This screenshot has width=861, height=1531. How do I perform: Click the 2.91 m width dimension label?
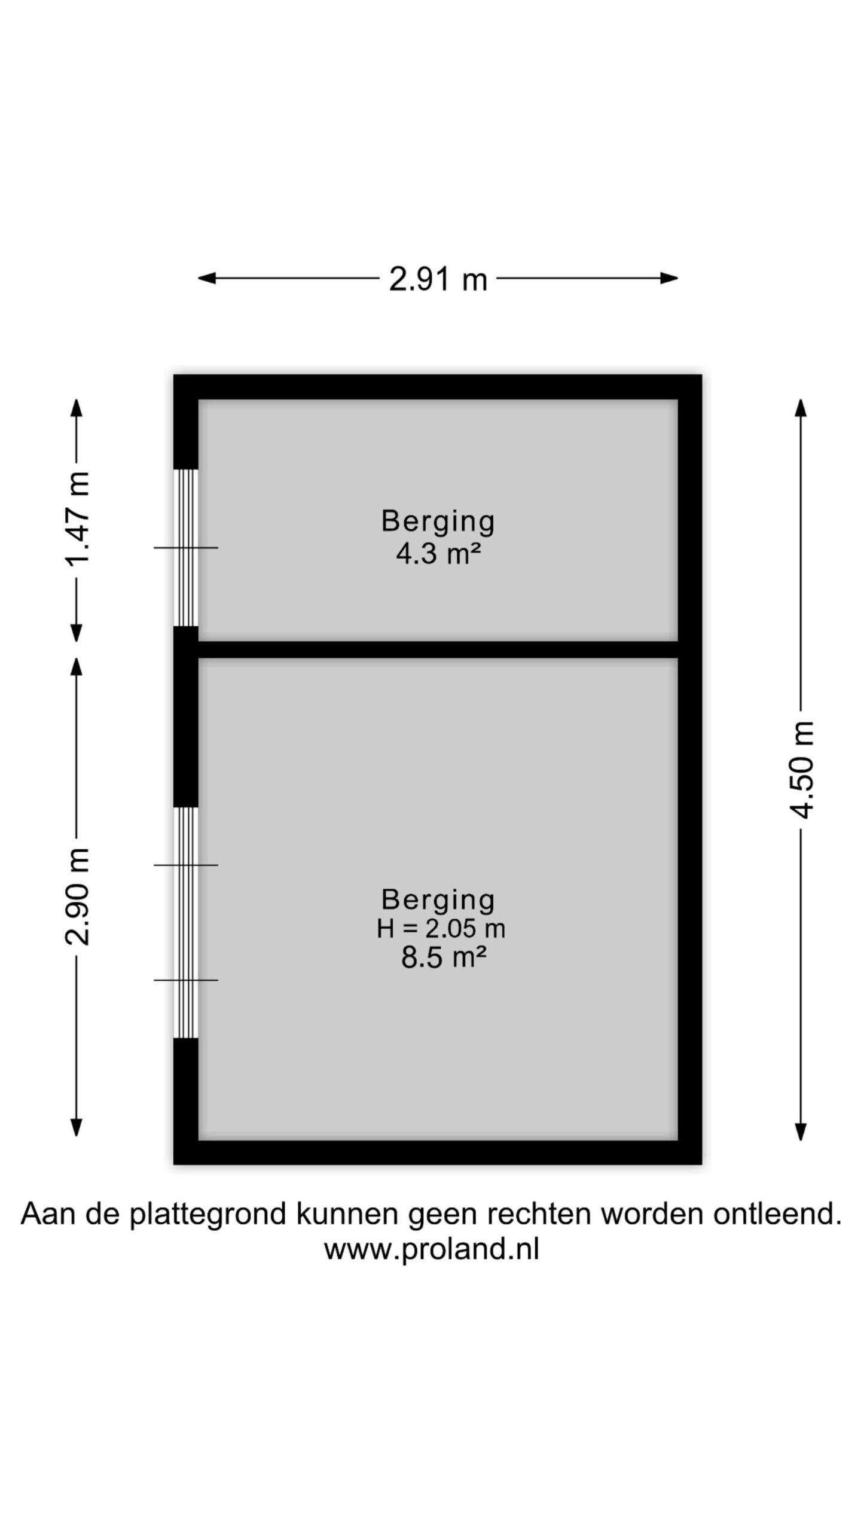(x=438, y=279)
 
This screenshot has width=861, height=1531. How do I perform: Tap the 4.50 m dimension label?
(x=801, y=769)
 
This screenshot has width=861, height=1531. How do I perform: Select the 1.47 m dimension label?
(x=77, y=519)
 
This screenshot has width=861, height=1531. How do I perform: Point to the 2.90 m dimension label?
(x=77, y=896)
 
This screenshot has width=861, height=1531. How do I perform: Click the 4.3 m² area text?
(x=438, y=554)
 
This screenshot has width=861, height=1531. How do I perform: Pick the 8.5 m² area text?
(x=443, y=957)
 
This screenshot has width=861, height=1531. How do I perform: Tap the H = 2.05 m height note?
(x=441, y=928)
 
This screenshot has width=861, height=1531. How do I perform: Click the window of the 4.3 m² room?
(x=186, y=548)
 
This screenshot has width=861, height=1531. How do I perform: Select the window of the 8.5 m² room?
(x=186, y=923)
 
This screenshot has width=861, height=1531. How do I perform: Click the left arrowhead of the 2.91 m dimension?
(x=206, y=278)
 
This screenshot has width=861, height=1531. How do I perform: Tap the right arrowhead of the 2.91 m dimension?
(x=670, y=278)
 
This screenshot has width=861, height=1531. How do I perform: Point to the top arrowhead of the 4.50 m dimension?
(x=801, y=407)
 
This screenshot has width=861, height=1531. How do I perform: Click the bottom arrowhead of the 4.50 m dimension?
(x=801, y=1132)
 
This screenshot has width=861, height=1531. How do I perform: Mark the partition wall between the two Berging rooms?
(x=438, y=649)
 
